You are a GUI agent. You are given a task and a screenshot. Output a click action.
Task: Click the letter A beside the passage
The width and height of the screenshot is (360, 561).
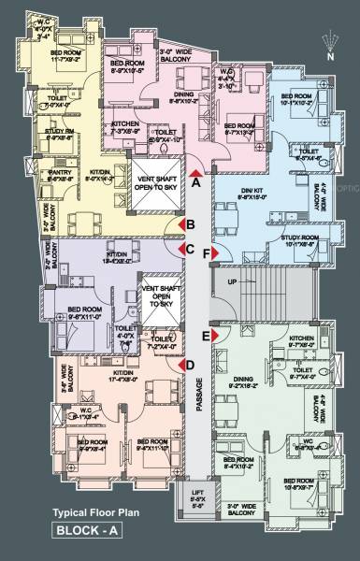[x=196, y=184]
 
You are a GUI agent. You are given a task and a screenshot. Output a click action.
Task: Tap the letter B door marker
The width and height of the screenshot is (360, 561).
[x=190, y=224]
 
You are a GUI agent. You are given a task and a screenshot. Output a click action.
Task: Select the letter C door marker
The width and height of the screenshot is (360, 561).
[x=190, y=250]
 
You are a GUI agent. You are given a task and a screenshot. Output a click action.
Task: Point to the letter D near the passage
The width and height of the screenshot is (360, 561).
[x=190, y=366]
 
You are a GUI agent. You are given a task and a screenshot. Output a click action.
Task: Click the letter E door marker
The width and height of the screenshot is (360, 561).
[x=206, y=334]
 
